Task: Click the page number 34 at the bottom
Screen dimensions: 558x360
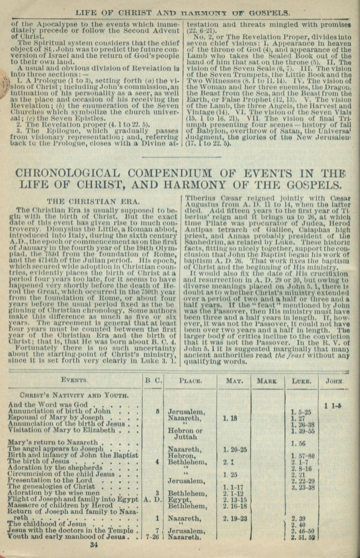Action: click(x=94, y=544)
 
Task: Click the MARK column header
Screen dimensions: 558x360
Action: click(x=267, y=381)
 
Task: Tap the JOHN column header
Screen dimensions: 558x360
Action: click(x=334, y=381)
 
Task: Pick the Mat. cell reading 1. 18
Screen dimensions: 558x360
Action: click(x=230, y=418)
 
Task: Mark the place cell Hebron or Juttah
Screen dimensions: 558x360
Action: click(x=185, y=434)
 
